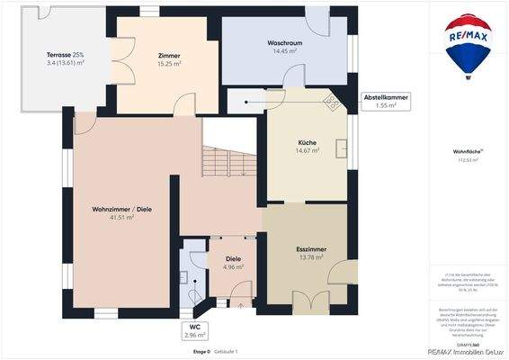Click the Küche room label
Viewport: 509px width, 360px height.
(308, 143)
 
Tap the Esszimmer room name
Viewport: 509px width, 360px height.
(310, 248)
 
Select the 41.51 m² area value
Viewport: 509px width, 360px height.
(121, 218)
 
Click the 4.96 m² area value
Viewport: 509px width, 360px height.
(233, 267)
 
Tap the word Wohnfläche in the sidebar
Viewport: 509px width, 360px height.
(465, 153)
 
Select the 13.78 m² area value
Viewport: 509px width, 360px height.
(310, 257)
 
